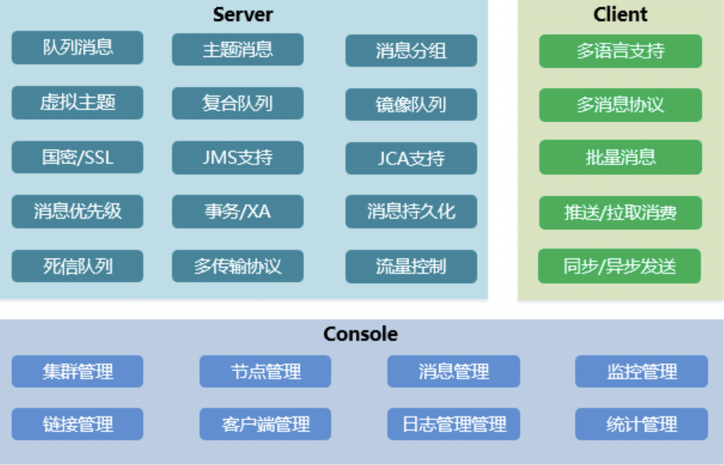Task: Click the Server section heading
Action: point(243,14)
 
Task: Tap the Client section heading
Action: point(620,14)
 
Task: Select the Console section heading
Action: point(361,334)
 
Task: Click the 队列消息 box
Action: point(77,48)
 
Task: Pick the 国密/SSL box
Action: point(77,157)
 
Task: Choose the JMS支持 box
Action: point(237,158)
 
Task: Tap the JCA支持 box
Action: point(411,158)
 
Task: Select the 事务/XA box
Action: point(237,211)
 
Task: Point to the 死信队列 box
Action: point(77,266)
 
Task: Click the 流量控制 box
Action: point(411,267)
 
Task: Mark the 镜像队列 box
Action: point(411,105)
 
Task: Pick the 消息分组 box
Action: point(411,50)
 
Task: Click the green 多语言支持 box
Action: point(620,51)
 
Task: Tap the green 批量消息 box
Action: point(620,157)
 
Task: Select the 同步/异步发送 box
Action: point(620,266)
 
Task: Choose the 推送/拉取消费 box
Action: point(620,213)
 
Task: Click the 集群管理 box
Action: point(77,372)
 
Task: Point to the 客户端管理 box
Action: point(265,424)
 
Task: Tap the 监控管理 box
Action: point(641,372)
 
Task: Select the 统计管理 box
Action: point(641,424)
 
